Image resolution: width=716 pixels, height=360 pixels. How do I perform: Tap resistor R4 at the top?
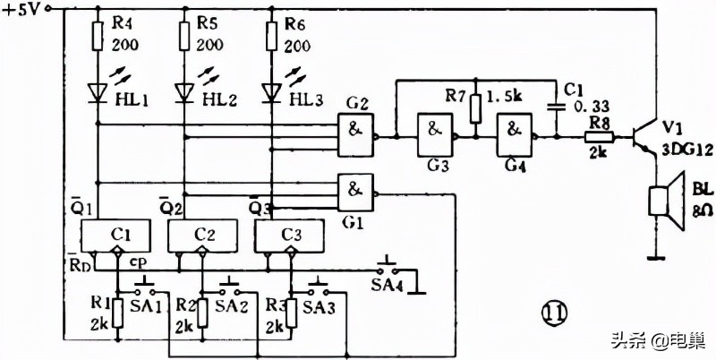tap(98, 36)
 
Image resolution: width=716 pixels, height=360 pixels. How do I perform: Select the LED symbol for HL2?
tap(185, 91)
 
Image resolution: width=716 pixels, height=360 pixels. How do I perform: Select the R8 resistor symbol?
tap(599, 138)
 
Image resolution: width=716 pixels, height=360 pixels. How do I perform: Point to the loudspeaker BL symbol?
tap(661, 201)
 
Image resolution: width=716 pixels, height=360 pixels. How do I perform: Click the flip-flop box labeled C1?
tap(117, 235)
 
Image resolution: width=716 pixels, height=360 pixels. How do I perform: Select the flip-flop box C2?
tap(204, 235)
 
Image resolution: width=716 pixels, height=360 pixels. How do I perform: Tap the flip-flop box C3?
tap(290, 236)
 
